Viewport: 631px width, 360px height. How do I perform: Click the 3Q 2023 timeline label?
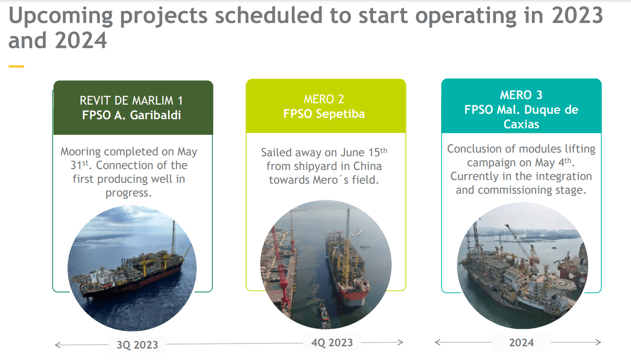[x=137, y=344]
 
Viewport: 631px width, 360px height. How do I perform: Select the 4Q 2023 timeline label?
[x=331, y=342]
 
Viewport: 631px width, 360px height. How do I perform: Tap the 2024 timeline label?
[x=521, y=343]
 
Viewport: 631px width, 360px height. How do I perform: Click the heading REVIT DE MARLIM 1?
[x=131, y=101]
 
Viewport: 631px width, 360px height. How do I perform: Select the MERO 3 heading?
[x=521, y=95]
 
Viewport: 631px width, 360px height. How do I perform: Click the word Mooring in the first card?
[x=82, y=151]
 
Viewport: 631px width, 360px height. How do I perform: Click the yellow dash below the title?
[x=16, y=67]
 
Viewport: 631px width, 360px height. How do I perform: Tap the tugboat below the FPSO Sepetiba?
[x=323, y=312]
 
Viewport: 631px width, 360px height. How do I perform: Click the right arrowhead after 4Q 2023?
[x=400, y=342]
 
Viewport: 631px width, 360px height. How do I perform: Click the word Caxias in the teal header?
[x=521, y=124]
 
